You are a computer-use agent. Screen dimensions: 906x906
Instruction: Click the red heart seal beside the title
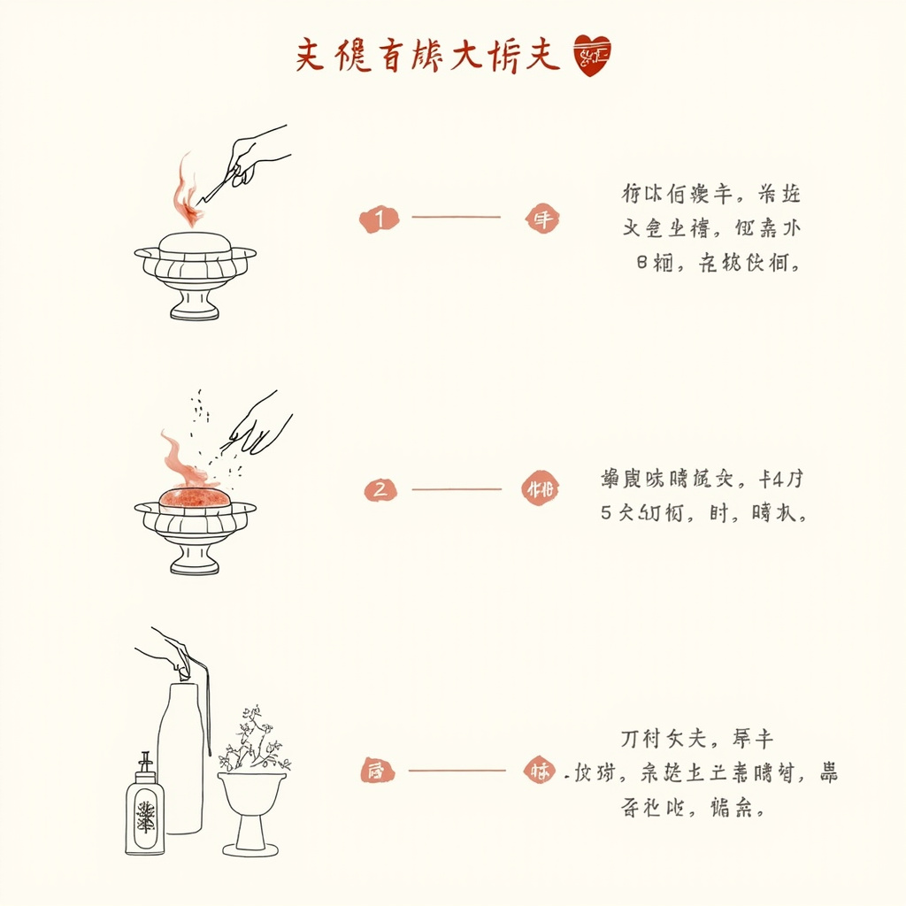(592, 56)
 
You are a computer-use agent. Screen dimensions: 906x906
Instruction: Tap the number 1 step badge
(380, 219)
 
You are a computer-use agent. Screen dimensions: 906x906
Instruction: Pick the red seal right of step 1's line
(542, 219)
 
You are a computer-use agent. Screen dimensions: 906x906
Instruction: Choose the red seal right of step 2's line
(540, 489)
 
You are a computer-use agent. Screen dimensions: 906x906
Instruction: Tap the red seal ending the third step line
(541, 770)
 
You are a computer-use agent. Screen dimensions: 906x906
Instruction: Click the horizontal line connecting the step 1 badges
(456, 218)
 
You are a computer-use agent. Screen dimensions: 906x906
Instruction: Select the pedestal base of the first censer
(195, 305)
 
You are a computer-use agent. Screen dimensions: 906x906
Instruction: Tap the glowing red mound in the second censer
(195, 497)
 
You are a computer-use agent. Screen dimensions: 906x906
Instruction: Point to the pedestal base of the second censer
(195, 559)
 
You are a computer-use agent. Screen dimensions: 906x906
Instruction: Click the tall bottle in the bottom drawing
(181, 761)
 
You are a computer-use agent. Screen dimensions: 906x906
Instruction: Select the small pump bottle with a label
(144, 810)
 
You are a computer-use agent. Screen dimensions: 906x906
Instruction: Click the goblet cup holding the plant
(252, 792)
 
